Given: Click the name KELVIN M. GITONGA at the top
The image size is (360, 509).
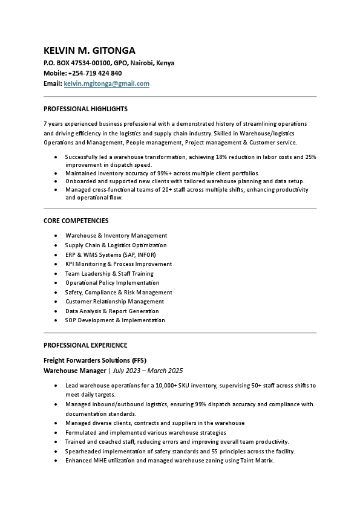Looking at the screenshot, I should click(x=89, y=50).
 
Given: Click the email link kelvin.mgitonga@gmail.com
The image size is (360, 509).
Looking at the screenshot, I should click(x=106, y=83).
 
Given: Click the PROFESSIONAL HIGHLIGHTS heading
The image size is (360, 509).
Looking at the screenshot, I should click(x=85, y=109).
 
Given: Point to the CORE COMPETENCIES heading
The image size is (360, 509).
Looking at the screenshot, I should click(x=76, y=221).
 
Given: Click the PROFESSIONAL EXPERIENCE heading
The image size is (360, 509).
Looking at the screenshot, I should click(x=85, y=345).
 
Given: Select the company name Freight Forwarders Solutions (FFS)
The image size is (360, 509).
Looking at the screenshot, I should click(x=95, y=360).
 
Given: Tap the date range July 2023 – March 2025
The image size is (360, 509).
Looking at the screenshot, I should click(x=148, y=371).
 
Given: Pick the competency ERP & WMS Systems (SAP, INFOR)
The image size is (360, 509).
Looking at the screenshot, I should click(x=110, y=254).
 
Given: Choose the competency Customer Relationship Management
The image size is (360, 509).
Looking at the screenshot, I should click(x=114, y=301).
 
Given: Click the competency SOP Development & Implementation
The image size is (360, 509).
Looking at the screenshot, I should click(x=115, y=320).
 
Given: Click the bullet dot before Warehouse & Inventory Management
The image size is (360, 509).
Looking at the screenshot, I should click(x=56, y=236).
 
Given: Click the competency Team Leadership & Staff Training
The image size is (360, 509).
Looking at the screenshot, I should click(x=110, y=273).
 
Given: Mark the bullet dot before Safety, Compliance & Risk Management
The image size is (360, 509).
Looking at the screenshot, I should click(x=56, y=292).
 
